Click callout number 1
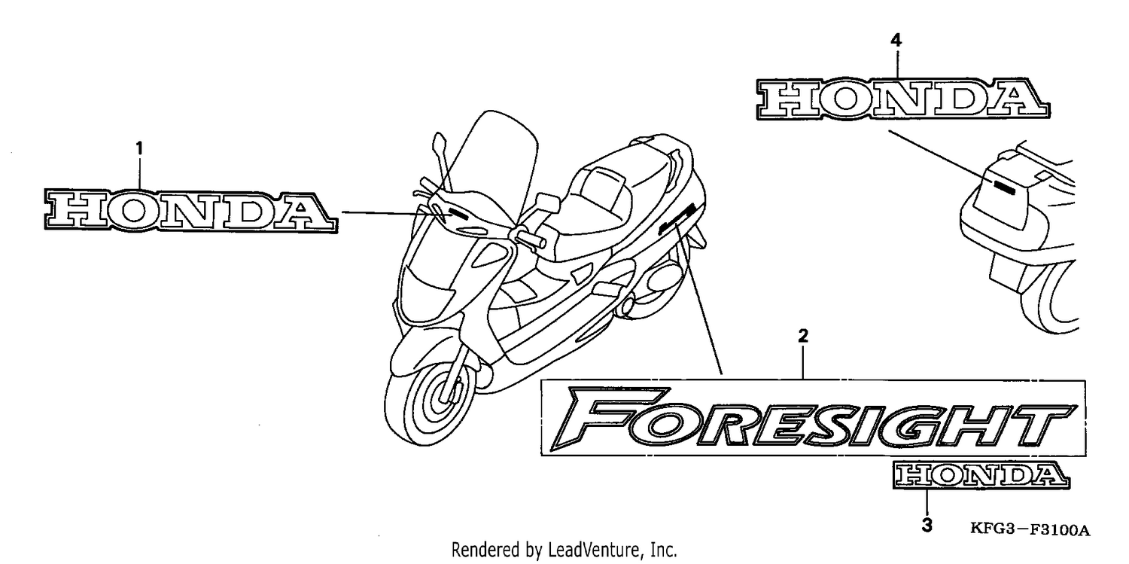click(x=139, y=148)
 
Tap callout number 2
click(x=803, y=336)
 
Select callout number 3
click(x=927, y=526)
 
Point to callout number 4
click(x=896, y=41)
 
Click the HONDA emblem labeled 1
click(x=191, y=211)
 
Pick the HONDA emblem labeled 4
click(x=903, y=99)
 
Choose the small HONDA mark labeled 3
click(x=981, y=475)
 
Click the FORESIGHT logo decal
click(x=813, y=419)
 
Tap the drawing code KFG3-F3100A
click(x=1030, y=529)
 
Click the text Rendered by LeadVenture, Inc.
click(x=564, y=550)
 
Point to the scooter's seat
click(x=615, y=197)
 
